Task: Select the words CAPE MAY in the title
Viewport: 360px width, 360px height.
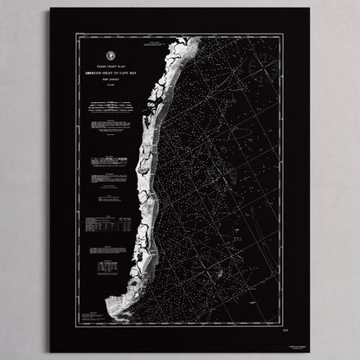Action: coord(127,74)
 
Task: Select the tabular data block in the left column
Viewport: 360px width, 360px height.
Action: coord(108,224)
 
